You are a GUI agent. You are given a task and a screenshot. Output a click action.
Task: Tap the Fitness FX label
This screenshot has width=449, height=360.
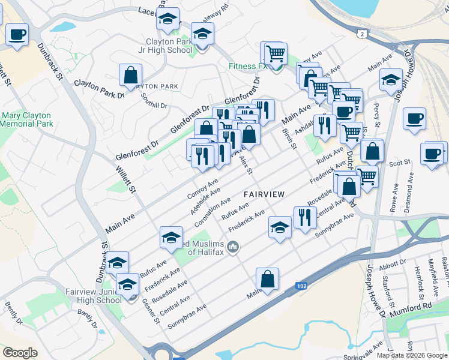pyautogui.click(x=247, y=67)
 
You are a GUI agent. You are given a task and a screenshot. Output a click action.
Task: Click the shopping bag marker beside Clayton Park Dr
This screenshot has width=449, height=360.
pyautogui.click(x=130, y=76)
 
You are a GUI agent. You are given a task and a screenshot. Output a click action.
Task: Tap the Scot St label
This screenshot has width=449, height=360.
pyautogui.click(x=399, y=163)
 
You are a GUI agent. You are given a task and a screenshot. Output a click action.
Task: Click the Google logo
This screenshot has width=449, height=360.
pyautogui.click(x=20, y=352)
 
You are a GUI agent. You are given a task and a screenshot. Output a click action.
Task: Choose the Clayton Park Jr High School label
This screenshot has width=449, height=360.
pyautogui.click(x=165, y=46)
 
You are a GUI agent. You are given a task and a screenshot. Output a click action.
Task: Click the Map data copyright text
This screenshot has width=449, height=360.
pyautogui.click(x=411, y=355)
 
